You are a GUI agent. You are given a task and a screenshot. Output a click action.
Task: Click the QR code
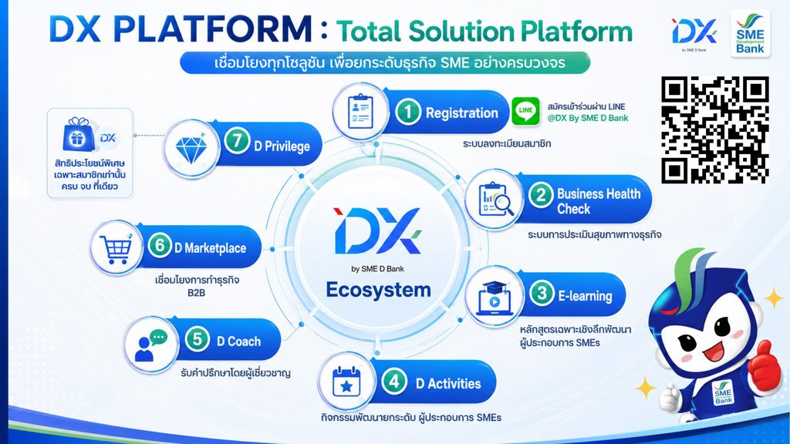(x=715, y=129)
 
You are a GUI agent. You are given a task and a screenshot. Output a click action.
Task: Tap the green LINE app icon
(x=525, y=111)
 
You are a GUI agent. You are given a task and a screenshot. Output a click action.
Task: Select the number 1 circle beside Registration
(x=407, y=112)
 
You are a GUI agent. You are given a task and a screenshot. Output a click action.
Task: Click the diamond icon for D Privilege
(x=191, y=149)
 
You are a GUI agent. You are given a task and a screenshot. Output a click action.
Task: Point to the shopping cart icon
(x=116, y=248)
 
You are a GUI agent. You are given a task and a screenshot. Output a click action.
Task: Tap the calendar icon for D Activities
(x=346, y=382)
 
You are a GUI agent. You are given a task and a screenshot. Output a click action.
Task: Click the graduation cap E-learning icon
(x=494, y=298)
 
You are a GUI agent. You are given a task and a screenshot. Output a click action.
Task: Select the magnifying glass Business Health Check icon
(x=495, y=200)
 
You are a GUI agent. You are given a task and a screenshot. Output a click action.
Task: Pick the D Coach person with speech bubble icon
(x=150, y=345)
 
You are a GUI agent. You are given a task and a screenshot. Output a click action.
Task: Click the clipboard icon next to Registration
(x=360, y=112)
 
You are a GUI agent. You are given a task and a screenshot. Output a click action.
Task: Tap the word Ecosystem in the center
(x=378, y=290)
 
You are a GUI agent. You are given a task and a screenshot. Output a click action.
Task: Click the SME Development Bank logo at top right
(x=750, y=34)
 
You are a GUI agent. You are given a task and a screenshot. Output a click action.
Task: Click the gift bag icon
(x=79, y=135)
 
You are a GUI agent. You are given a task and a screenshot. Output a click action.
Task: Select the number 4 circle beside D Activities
(x=394, y=381)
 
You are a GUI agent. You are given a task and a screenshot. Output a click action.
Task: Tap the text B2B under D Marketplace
(x=196, y=292)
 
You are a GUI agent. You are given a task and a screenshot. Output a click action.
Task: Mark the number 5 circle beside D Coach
(x=197, y=339)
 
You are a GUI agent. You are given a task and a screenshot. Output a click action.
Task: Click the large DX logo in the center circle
(x=376, y=231)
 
